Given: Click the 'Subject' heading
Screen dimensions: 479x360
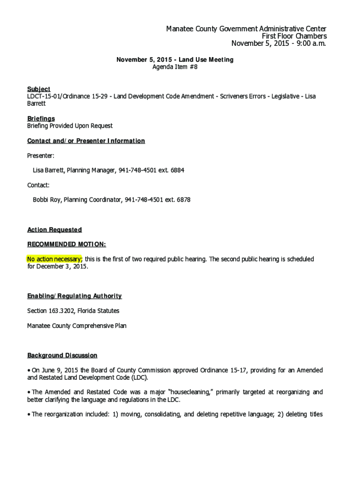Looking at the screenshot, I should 39,89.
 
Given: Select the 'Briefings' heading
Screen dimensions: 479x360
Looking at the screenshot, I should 41,118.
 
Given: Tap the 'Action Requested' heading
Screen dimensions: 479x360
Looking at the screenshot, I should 55,230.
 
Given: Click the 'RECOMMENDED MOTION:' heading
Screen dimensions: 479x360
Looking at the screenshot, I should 66,244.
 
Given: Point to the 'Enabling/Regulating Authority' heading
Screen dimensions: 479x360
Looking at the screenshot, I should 74,296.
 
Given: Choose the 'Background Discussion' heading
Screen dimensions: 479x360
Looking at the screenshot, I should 62,356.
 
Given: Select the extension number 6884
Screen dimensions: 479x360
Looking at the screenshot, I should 177,170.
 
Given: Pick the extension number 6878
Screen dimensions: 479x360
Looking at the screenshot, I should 183,200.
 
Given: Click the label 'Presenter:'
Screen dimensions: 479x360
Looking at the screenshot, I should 41,155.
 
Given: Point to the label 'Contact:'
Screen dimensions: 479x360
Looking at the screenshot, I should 38,185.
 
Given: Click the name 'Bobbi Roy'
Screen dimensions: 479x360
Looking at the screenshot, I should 46,200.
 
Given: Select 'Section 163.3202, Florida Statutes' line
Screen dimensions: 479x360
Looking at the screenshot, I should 73,311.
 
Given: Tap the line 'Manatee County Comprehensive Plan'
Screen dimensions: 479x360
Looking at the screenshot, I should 77,326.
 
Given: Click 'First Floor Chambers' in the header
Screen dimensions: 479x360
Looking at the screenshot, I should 294,36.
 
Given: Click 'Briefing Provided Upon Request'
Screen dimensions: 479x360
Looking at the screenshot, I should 70,126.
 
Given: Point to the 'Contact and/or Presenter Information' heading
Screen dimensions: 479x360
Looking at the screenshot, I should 86,141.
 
